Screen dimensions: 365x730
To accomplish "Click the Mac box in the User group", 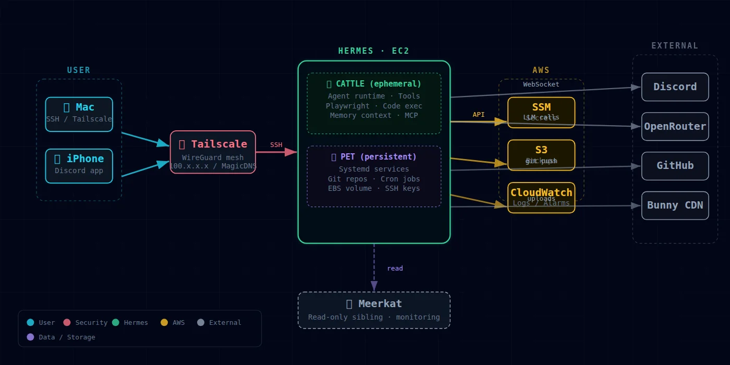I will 79,114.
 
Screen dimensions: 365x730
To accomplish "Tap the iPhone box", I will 79,166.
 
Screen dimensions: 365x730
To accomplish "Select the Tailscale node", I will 213,152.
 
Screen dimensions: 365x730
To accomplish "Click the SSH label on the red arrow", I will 276,145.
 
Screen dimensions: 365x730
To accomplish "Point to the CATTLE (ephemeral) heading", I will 374,84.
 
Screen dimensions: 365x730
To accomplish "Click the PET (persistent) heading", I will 374,157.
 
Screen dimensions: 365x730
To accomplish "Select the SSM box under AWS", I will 541,112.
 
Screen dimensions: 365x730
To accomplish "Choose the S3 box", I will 541,155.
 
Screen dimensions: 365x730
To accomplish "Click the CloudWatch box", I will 541,197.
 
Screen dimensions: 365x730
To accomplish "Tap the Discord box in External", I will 675,87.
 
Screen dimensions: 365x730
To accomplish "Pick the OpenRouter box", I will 675,126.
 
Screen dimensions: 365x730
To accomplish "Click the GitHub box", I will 675,166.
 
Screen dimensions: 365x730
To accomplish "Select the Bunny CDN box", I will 675,205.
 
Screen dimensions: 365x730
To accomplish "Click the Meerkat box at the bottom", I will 374,310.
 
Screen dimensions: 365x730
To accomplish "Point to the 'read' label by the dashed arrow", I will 395,269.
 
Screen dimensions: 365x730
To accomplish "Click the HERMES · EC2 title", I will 374,51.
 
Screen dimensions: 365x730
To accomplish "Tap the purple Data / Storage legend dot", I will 30,337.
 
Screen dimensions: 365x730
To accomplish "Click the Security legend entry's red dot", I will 67,323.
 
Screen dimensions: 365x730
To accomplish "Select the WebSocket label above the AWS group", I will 541,84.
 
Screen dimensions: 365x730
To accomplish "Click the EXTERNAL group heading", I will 675,46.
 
